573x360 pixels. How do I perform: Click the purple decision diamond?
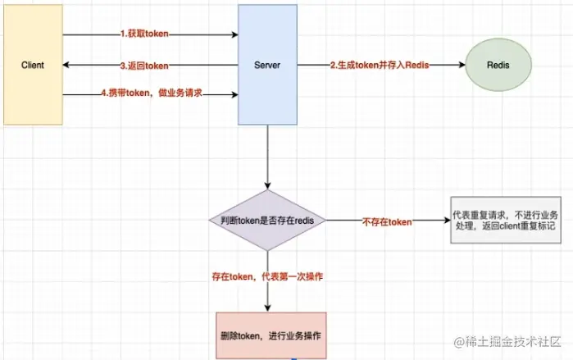coord(268,221)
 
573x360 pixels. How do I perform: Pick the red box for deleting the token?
coord(271,335)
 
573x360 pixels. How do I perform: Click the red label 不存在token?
coord(387,221)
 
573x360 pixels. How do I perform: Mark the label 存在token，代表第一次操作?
coord(267,276)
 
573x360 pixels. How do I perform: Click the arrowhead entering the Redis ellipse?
coord(460,66)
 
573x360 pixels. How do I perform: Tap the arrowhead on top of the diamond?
coord(268,186)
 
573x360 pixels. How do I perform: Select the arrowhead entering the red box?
coord(268,308)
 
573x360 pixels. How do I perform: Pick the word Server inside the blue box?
coord(268,65)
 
